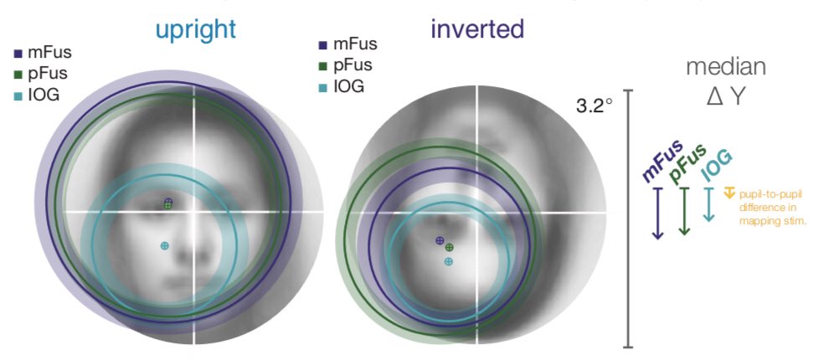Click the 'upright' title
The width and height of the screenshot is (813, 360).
(195, 30)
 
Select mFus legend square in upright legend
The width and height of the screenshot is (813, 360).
(19, 54)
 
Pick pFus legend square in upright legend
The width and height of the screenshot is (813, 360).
(19, 73)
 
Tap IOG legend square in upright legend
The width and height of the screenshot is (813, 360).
(19, 92)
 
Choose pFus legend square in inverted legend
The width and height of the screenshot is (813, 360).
(323, 64)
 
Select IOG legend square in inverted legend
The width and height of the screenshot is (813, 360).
(323, 85)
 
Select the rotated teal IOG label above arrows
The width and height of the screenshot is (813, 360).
(714, 159)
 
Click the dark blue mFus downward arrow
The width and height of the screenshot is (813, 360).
(657, 213)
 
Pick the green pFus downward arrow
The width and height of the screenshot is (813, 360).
(684, 210)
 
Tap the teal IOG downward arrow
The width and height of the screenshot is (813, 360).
(709, 204)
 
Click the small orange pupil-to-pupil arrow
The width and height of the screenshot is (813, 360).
(729, 193)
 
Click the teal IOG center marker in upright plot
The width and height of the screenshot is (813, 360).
(165, 245)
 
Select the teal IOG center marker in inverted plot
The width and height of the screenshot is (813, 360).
(449, 262)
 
